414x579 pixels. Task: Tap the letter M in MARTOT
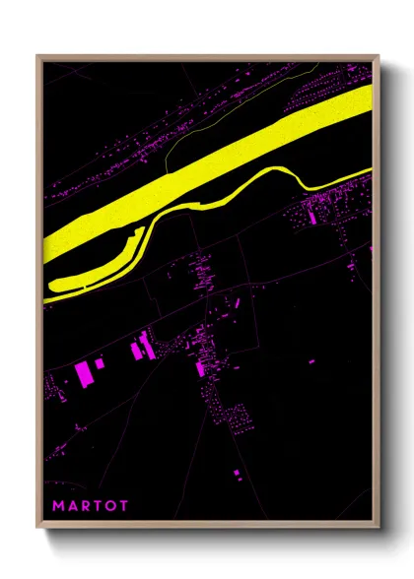click(58, 505)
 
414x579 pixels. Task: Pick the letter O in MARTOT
click(110, 505)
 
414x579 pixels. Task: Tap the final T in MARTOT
click(123, 505)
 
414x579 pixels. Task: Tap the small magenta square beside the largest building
click(100, 364)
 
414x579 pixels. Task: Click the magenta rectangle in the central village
click(200, 369)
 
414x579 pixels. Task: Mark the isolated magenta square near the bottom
click(237, 475)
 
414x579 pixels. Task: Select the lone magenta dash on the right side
click(311, 361)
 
